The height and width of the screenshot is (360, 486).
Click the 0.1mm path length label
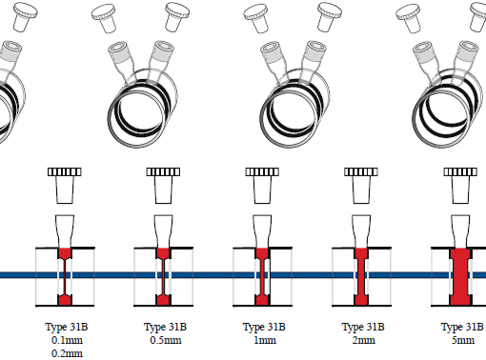pyautogui.click(x=67, y=340)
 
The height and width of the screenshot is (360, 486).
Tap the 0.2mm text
pyautogui.click(x=67, y=353)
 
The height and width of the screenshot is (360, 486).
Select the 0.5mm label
pyautogui.click(x=166, y=340)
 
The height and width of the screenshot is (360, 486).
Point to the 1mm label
pyautogui.click(x=265, y=340)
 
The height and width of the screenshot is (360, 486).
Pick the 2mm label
pyautogui.click(x=364, y=340)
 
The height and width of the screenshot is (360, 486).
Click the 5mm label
pyautogui.click(x=463, y=340)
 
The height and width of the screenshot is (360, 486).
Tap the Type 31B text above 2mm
pyautogui.click(x=363, y=327)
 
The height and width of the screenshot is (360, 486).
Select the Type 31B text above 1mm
pyautogui.click(x=264, y=327)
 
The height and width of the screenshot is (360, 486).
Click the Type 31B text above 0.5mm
pyautogui.click(x=165, y=327)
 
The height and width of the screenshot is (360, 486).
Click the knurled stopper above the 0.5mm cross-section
pyautogui.click(x=163, y=186)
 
